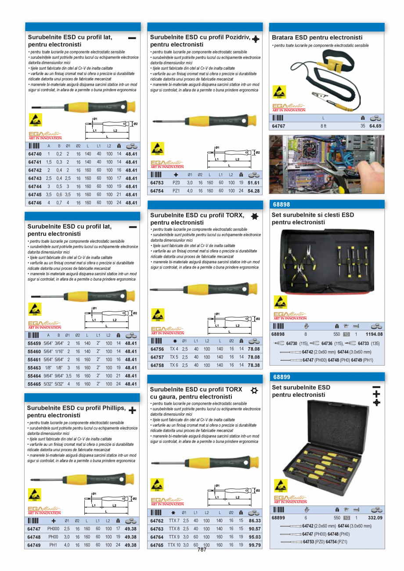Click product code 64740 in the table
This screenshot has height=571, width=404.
click(35, 154)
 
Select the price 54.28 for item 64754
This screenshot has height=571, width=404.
click(253, 191)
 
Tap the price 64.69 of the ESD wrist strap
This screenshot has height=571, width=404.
click(375, 126)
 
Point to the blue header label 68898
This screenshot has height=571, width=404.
click(281, 205)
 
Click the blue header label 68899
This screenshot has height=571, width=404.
click(281, 377)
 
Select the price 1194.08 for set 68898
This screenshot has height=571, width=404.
click(374, 334)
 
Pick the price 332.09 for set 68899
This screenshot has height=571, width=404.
click(375, 518)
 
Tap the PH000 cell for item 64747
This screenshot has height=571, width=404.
click(53, 529)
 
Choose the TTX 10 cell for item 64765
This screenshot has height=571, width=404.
click(174, 545)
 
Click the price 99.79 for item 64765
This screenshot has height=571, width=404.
click(255, 545)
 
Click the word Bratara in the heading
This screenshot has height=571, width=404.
click(283, 38)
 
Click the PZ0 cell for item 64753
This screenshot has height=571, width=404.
click(176, 183)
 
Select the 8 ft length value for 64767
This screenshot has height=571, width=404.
click(323, 126)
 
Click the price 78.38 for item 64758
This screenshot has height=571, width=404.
click(253, 365)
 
